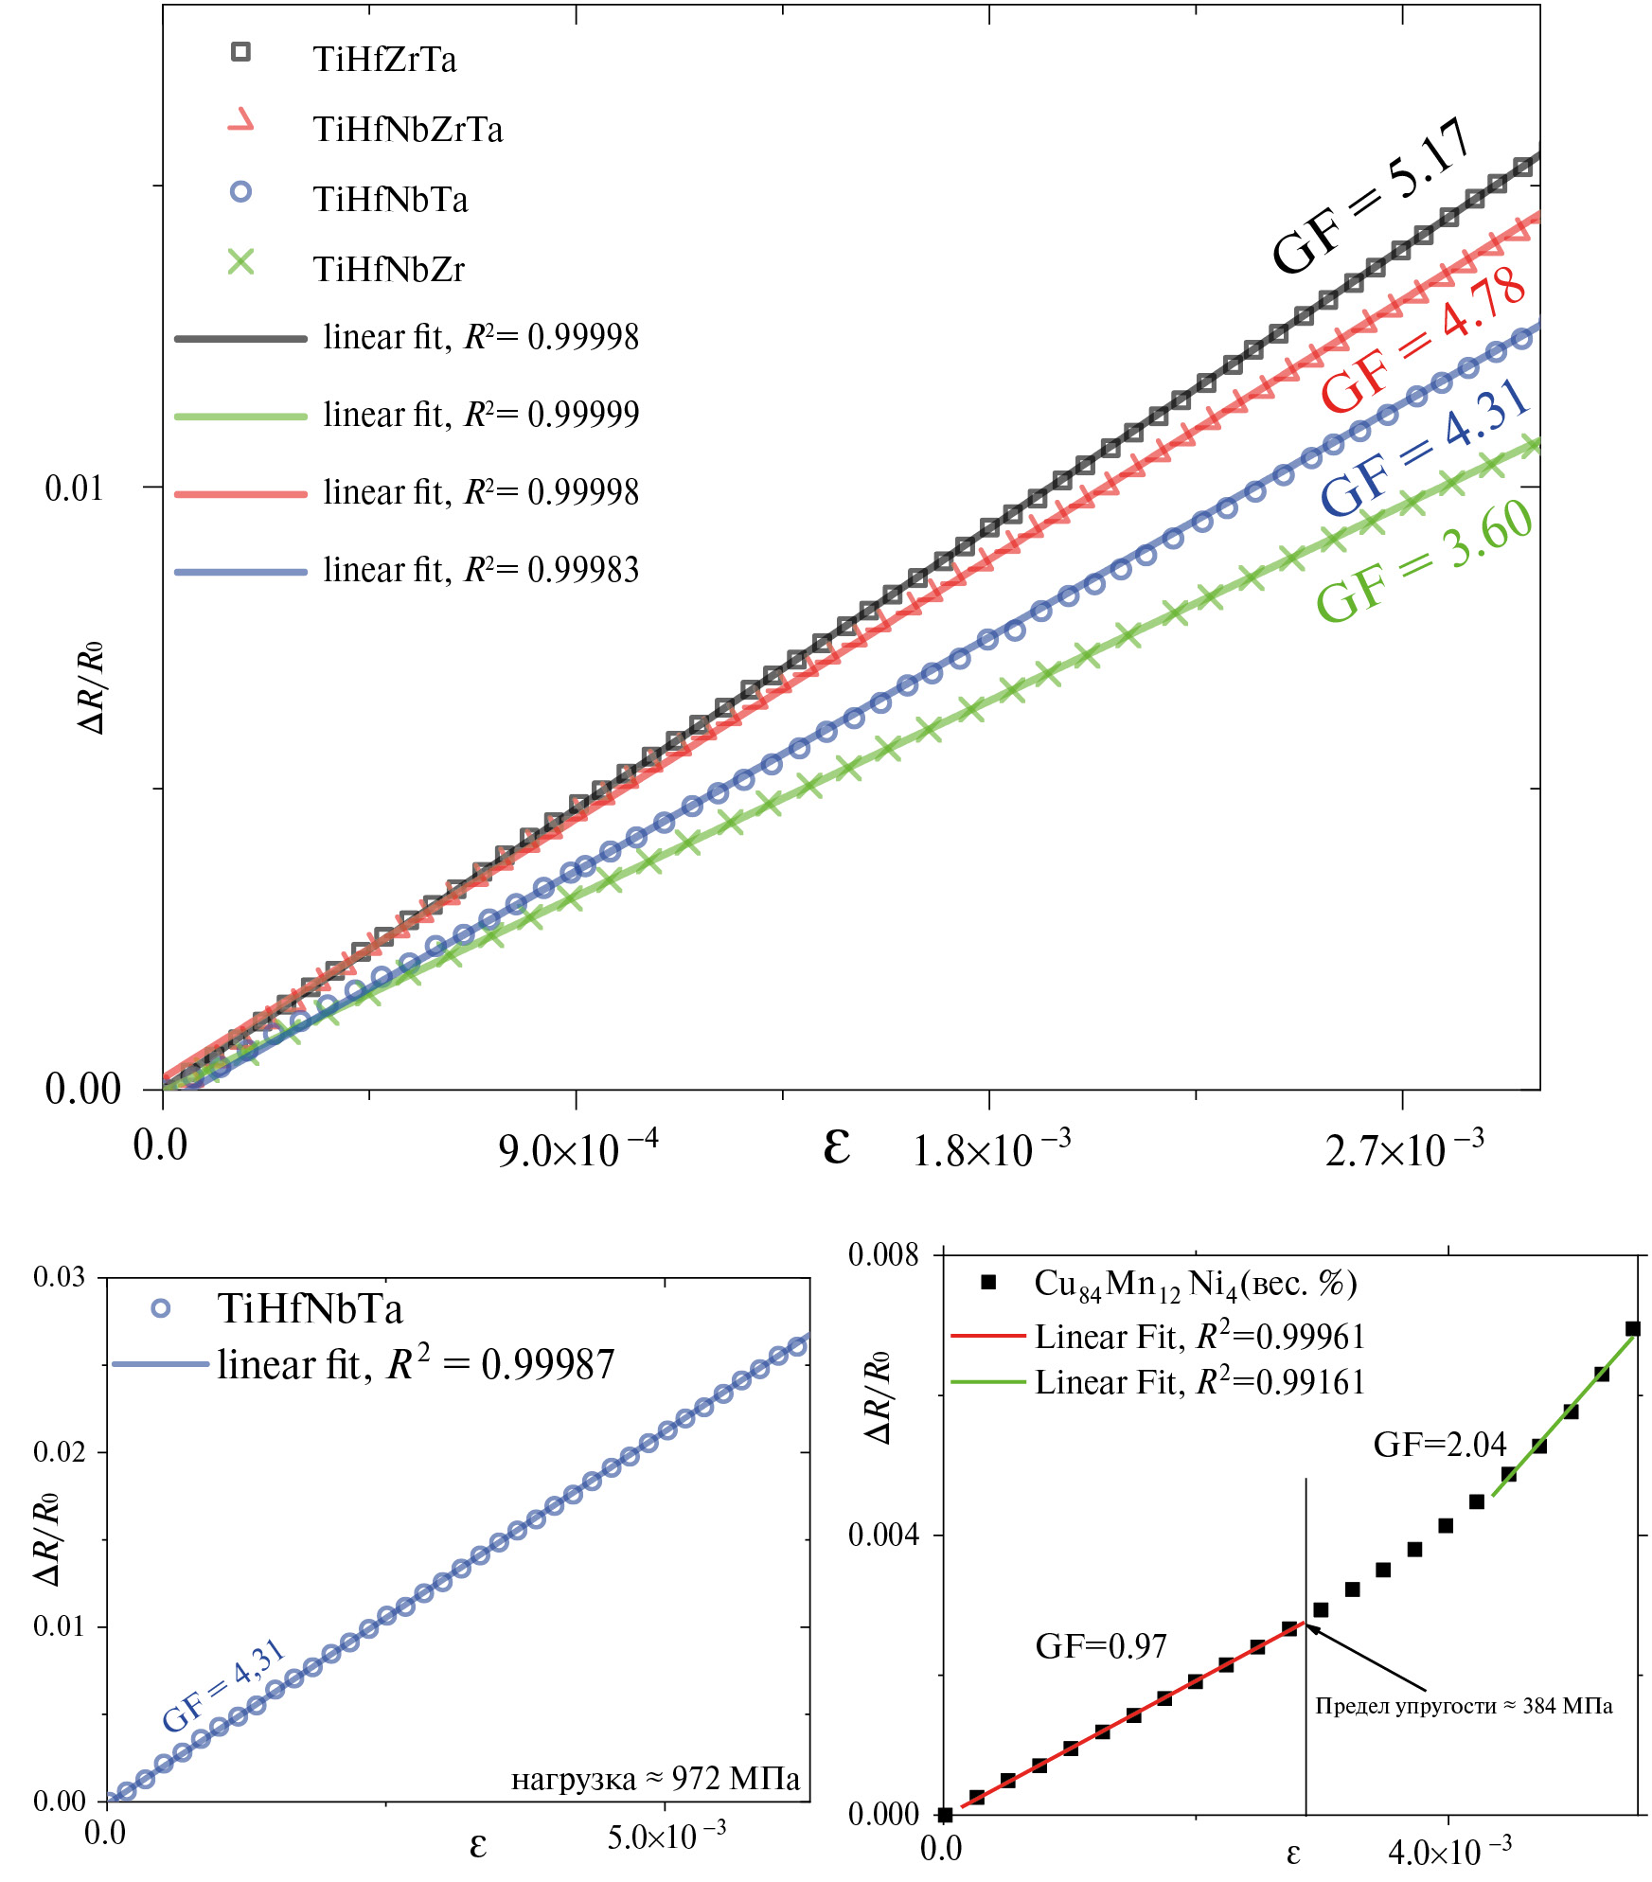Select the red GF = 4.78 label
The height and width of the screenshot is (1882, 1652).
pyautogui.click(x=1423, y=341)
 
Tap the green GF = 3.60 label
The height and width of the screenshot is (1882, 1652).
pyautogui.click(x=1425, y=560)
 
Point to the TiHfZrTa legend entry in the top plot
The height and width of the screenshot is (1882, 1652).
pyautogui.click(x=384, y=60)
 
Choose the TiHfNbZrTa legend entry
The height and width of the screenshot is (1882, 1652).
pyautogui.click(x=407, y=130)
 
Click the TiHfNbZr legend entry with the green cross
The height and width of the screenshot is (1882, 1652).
pyautogui.click(x=388, y=270)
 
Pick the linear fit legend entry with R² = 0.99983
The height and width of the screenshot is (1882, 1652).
pyautogui.click(x=480, y=570)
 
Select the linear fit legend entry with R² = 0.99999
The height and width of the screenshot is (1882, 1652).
pyautogui.click(x=480, y=415)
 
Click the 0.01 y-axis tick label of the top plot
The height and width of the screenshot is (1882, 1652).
pyautogui.click(x=74, y=488)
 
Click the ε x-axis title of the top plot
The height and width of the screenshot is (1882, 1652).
pyautogui.click(x=837, y=1145)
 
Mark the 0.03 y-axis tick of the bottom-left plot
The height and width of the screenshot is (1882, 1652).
pyautogui.click(x=59, y=1277)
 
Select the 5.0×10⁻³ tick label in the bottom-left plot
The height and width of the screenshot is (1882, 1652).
pyautogui.click(x=666, y=1837)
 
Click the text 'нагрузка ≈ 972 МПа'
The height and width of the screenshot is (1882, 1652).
pyautogui.click(x=655, y=1779)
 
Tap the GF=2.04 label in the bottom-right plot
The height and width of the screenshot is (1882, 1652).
pyautogui.click(x=1439, y=1445)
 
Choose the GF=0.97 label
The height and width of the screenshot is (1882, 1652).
pyautogui.click(x=1100, y=1646)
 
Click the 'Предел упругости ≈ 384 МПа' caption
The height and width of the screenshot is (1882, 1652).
pyautogui.click(x=1464, y=1706)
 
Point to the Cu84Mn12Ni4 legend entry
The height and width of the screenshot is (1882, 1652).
pyautogui.click(x=1195, y=1284)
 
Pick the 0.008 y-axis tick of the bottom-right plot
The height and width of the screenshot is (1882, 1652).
pyautogui.click(x=883, y=1255)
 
